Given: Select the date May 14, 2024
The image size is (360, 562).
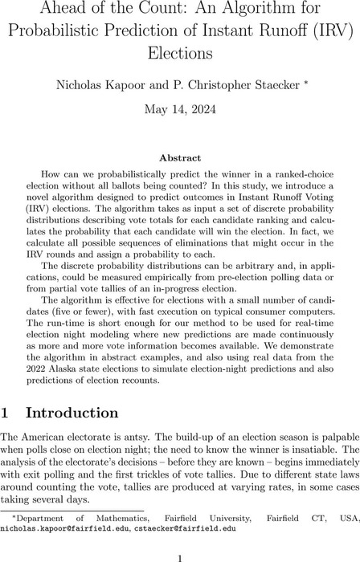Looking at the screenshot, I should click(180, 108).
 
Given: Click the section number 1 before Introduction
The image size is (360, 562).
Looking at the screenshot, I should click(7, 413).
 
